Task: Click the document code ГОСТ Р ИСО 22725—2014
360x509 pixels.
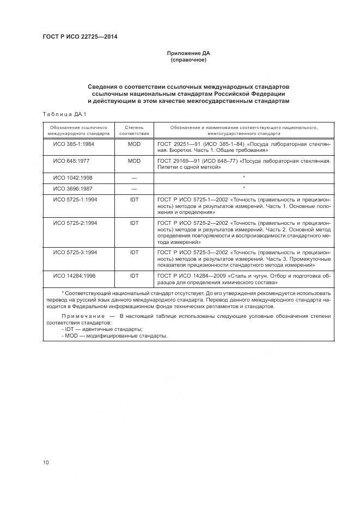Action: (80, 36)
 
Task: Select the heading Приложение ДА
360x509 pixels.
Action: (188, 53)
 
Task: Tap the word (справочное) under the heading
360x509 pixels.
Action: (188, 60)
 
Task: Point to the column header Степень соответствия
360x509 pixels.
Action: (133, 130)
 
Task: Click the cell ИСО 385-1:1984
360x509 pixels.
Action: (74, 144)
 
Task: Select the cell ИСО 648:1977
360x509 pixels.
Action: (71, 161)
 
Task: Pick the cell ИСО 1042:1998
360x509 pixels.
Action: (72, 177)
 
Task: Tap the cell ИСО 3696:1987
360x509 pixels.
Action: (72, 188)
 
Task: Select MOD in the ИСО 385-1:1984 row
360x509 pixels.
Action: (134, 144)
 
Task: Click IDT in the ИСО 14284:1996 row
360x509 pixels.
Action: (134, 276)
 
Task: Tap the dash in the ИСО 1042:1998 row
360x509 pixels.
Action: (134, 178)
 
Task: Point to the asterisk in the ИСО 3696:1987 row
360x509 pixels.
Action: (243, 188)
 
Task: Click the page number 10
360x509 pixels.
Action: (46, 463)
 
